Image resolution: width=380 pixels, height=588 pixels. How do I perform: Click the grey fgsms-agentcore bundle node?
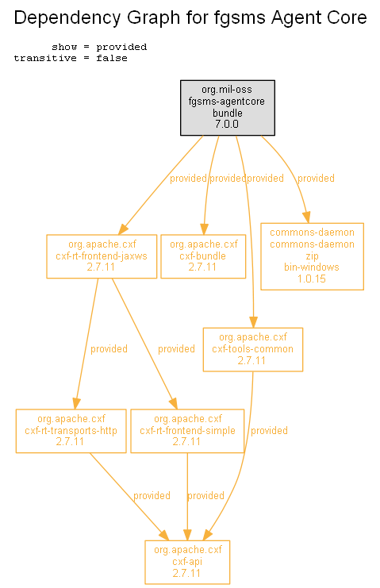(x=228, y=108)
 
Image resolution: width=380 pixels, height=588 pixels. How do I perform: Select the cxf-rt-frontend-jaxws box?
(x=102, y=256)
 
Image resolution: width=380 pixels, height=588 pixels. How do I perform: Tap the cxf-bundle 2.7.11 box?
(x=203, y=256)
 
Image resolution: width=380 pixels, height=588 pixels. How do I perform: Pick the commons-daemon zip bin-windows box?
(x=312, y=256)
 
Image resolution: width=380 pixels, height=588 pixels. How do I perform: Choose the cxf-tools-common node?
(x=253, y=350)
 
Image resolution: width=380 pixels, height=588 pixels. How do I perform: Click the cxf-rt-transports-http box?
(x=71, y=431)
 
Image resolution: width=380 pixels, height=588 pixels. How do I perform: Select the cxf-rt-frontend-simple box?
(x=187, y=431)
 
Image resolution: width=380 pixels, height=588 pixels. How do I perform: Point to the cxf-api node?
(x=187, y=562)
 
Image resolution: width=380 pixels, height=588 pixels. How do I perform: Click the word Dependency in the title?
(x=67, y=18)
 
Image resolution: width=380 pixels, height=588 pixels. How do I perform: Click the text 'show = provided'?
(x=99, y=47)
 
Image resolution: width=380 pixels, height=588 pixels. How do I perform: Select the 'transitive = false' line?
(x=71, y=58)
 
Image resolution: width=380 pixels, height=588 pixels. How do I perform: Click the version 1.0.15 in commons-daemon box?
(x=312, y=279)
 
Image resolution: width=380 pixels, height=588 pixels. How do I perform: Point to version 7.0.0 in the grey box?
(x=227, y=124)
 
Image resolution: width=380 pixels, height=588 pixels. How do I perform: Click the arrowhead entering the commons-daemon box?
(x=306, y=217)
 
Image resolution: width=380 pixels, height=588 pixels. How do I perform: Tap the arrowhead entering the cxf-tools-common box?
(x=253, y=322)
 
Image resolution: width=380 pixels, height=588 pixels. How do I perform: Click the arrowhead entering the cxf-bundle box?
(x=204, y=229)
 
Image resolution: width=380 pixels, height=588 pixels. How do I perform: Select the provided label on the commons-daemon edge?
(x=316, y=178)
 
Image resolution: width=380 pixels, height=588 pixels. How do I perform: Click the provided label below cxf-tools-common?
(x=269, y=431)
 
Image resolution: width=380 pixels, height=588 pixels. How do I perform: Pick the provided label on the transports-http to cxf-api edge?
(x=152, y=496)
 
